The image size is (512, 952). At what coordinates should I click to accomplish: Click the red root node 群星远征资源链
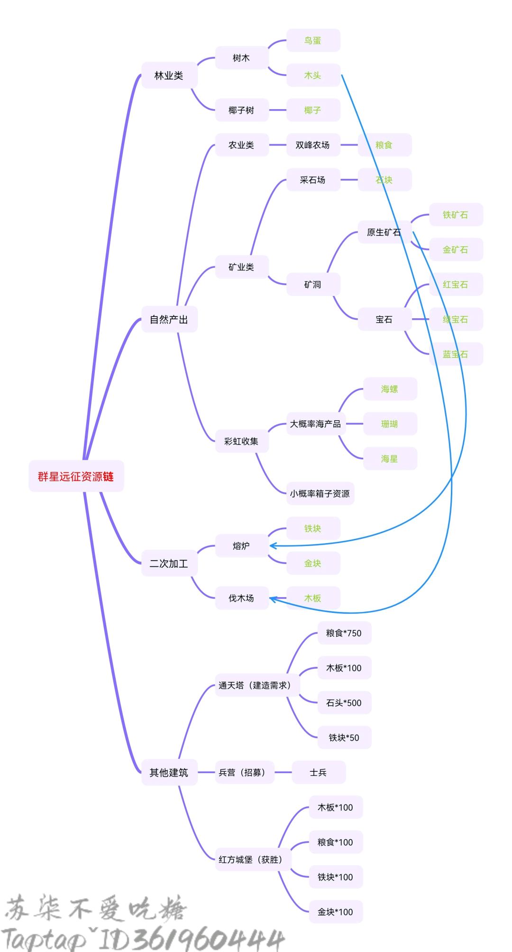tap(76, 476)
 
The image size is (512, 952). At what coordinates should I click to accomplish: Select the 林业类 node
tap(169, 75)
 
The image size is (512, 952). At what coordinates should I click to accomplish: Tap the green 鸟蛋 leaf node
tap(313, 40)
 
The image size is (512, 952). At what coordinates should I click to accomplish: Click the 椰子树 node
tap(241, 110)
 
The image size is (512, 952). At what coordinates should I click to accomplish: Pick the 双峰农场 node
tap(312, 145)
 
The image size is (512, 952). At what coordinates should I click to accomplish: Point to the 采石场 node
tap(312, 180)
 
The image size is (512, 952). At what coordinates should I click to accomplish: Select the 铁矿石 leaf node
tap(455, 215)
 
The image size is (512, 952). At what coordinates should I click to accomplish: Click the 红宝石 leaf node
tap(455, 285)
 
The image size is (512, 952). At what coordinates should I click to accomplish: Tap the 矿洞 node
tap(312, 285)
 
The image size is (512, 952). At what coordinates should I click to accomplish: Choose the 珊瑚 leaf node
tap(389, 424)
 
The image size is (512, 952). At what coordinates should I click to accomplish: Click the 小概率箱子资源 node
tap(320, 494)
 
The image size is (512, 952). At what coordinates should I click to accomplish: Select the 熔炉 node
tap(241, 546)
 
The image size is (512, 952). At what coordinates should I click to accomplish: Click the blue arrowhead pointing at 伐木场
tap(273, 599)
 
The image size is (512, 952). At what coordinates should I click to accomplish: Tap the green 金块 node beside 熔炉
tap(313, 564)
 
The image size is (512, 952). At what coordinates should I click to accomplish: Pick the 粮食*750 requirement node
tap(344, 633)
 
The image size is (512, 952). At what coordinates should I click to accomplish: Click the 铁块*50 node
tap(344, 738)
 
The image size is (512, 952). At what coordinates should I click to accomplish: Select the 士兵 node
tap(318, 773)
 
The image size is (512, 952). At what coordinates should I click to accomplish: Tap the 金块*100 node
tap(335, 912)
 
